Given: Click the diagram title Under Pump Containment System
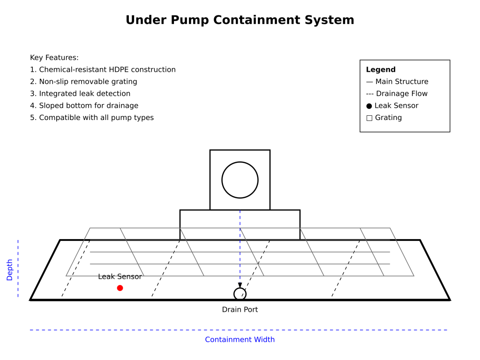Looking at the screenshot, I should point(240,20).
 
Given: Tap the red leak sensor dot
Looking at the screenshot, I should point(120,288).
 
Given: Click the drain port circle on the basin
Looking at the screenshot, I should point(240,294).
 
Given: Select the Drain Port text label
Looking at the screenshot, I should point(240,310).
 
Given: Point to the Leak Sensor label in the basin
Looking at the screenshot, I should point(120,277).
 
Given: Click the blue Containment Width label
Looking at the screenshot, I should point(240,339).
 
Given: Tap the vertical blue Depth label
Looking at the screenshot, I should point(9,270).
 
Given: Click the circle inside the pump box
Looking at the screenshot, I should point(240,180).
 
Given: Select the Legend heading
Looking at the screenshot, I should point(381,70).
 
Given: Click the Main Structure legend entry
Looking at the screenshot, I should point(397,82).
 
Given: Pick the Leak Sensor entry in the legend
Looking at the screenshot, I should point(392,105).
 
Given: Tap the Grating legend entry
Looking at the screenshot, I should point(384,118).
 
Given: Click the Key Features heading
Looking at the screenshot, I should point(54,58).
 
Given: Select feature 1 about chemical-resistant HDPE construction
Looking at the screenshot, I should point(103,70).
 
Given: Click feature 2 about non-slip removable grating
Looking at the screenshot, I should point(83,82).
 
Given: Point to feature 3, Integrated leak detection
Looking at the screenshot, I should point(80,94).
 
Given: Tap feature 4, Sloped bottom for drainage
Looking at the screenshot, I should point(84,105).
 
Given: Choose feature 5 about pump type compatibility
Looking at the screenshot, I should point(92,118).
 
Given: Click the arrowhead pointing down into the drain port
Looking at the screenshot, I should point(240,285).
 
